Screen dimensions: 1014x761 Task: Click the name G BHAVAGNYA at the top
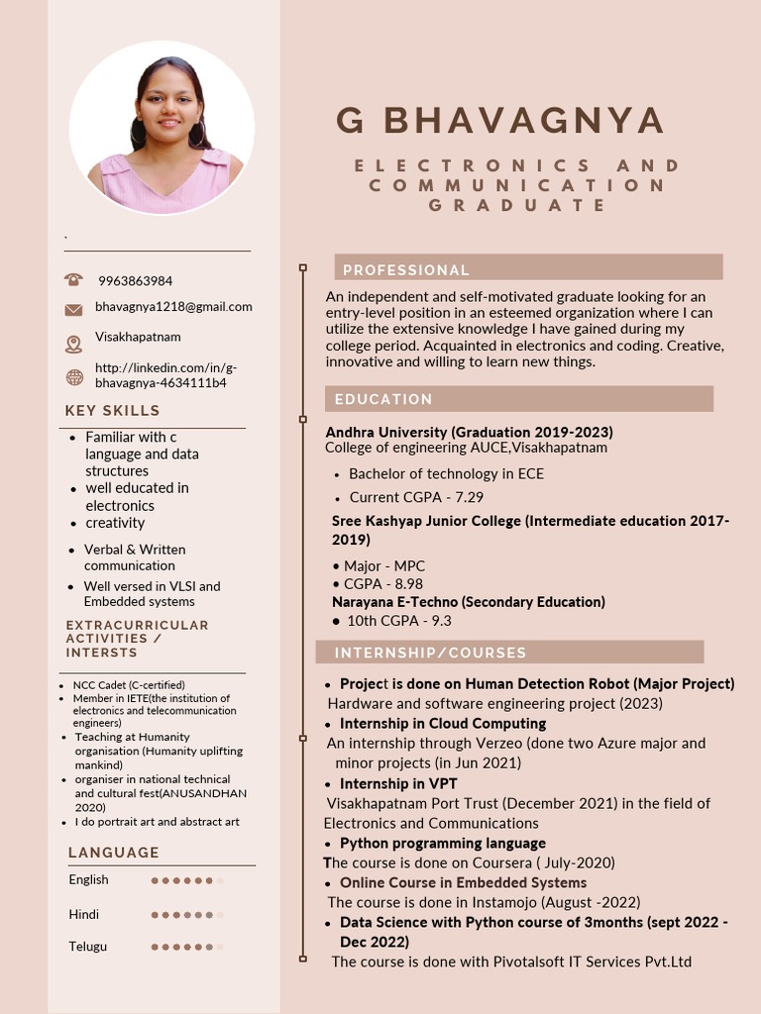click(x=499, y=120)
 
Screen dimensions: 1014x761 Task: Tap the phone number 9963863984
click(x=135, y=281)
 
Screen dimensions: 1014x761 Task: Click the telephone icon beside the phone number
click(x=73, y=280)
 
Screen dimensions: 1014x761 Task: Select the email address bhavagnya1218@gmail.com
click(x=173, y=307)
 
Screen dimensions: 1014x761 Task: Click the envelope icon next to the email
click(x=73, y=309)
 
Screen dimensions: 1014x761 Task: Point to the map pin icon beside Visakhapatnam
click(x=73, y=344)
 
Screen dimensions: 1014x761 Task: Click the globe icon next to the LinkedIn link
click(x=73, y=377)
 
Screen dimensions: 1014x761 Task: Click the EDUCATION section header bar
click(x=518, y=399)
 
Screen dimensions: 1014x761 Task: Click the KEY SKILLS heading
click(x=112, y=411)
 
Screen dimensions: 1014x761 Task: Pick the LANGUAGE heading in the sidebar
click(x=113, y=853)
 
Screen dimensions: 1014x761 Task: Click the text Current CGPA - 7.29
click(x=416, y=497)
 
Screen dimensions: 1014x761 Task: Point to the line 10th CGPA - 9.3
click(x=398, y=621)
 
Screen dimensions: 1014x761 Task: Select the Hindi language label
click(x=84, y=914)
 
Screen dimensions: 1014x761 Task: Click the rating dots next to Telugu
click(x=186, y=948)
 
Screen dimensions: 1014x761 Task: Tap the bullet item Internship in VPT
click(x=398, y=784)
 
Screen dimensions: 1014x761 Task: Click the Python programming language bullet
click(x=442, y=844)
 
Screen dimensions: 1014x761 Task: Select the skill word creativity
click(x=115, y=523)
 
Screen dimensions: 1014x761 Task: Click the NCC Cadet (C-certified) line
click(x=129, y=685)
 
